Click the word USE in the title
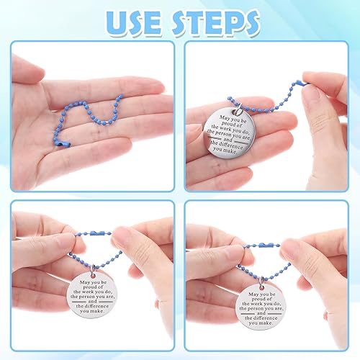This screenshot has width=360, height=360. pyautogui.click(x=134, y=22)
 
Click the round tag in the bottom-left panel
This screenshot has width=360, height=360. pyautogui.click(x=92, y=295)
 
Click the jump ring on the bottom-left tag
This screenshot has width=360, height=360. pyautogui.click(x=93, y=269)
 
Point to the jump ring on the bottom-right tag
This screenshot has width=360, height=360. pyautogui.click(x=261, y=282)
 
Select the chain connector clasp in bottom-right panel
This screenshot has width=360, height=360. pyautogui.click(x=264, y=246)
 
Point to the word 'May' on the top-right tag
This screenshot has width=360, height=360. pyautogui.click(x=225, y=117)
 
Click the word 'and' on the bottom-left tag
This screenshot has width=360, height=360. pyautogui.click(x=92, y=301)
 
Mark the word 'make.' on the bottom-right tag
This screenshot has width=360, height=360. pyautogui.click(x=266, y=323)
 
